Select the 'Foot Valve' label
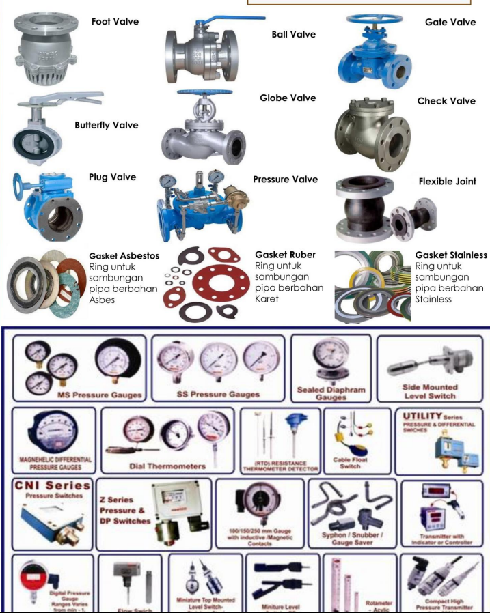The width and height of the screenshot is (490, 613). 115,22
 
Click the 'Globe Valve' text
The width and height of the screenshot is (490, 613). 288,98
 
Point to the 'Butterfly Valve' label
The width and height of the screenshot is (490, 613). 107,126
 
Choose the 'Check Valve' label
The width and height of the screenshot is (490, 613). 446,101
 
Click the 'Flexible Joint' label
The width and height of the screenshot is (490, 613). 448,182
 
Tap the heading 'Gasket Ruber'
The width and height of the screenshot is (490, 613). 285,255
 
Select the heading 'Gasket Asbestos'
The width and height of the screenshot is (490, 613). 124,256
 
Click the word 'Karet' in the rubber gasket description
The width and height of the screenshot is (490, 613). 267,299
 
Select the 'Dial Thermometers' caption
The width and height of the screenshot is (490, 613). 167,466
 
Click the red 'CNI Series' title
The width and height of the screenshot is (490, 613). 52,486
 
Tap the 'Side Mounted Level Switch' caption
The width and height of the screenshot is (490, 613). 430,391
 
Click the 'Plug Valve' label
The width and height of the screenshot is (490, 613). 112,177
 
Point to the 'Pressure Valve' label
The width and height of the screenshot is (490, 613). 285,180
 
